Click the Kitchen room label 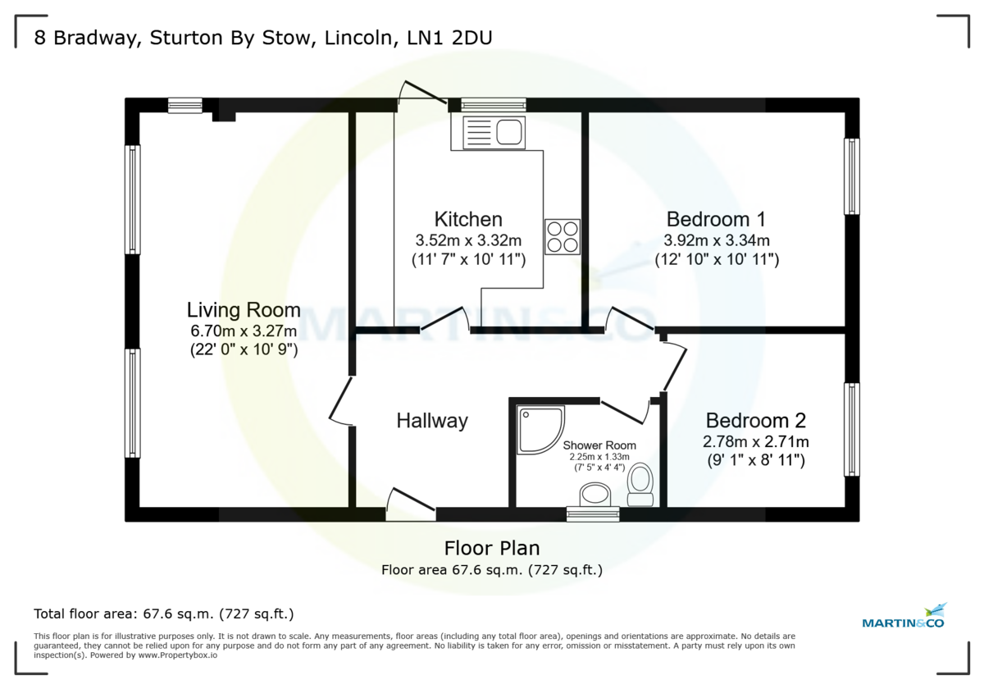[468, 219]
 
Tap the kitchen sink [493, 133]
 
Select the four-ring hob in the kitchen [562, 236]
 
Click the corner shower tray [540, 428]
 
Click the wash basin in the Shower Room [594, 495]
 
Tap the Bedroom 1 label [716, 219]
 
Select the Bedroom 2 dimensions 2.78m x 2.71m [755, 441]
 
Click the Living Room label [244, 310]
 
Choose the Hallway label [432, 421]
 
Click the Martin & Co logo [904, 617]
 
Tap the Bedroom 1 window [852, 176]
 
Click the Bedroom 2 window [852, 429]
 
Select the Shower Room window [593, 514]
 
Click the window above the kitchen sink [493, 104]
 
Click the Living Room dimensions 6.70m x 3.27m [244, 331]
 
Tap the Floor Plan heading [492, 548]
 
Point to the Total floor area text [163, 614]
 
